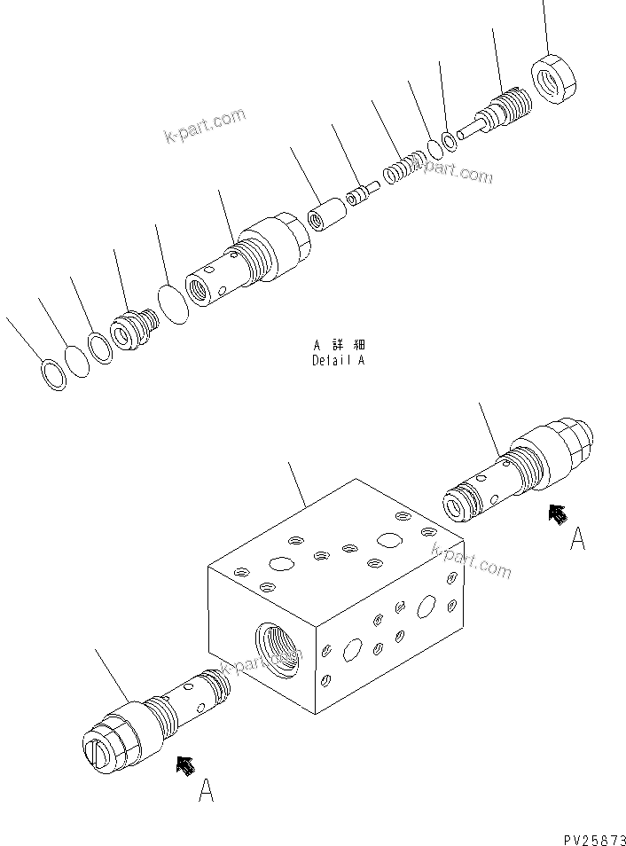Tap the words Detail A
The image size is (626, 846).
(x=338, y=361)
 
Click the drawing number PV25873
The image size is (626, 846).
(x=593, y=836)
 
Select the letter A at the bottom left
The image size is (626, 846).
(x=206, y=791)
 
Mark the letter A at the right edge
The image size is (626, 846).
(x=577, y=538)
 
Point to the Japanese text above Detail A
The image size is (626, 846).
(x=339, y=345)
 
